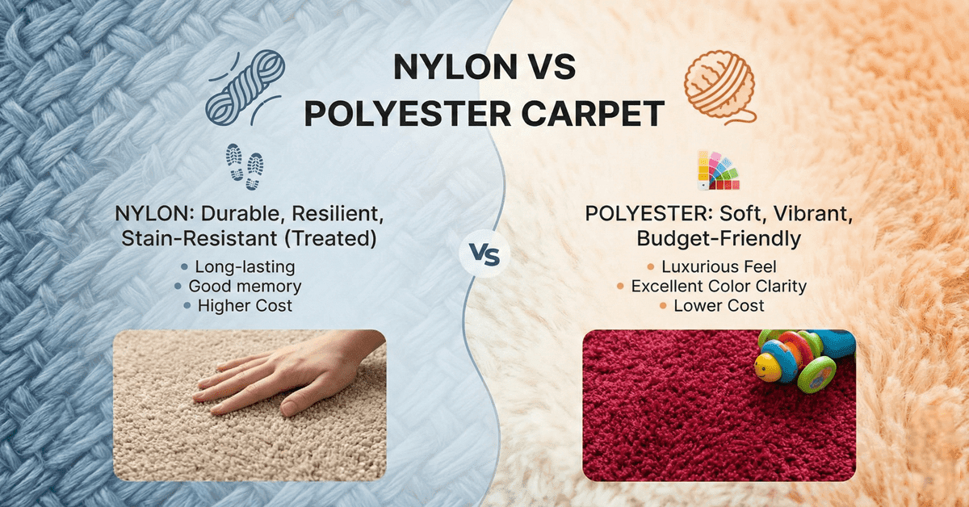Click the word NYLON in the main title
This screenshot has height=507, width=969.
point(442,69)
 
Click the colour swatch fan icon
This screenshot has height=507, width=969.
point(717,170)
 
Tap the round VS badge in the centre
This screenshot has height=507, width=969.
point(484,256)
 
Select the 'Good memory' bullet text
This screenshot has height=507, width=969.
point(245,286)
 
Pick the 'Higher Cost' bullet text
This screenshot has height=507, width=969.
point(245,306)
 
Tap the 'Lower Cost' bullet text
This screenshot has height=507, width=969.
point(719,306)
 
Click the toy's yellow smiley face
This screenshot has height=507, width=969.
point(767,367)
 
